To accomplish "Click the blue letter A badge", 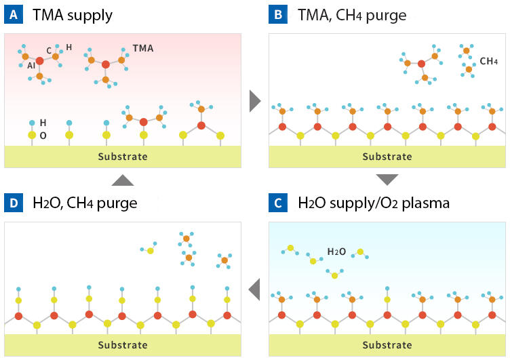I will (14, 14).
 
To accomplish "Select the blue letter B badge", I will (278, 14).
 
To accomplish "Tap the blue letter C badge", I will (278, 203).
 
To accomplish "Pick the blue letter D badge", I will (14, 203).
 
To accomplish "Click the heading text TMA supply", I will (73, 14).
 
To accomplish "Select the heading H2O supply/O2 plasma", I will (374, 203).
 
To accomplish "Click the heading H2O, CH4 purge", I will (85, 203).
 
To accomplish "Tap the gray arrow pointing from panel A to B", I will (255, 100).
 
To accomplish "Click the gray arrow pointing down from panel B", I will (387, 180).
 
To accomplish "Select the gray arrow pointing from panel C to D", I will (255, 289).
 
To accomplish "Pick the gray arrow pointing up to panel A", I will (123, 180).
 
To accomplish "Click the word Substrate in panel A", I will (123, 157).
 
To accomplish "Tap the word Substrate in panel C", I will (387, 345).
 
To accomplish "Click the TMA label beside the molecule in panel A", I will (143, 49).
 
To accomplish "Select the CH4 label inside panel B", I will (489, 61).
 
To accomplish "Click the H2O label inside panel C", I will (337, 252).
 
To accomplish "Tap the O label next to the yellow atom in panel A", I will (43, 136).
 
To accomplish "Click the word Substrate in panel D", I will (123, 345).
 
